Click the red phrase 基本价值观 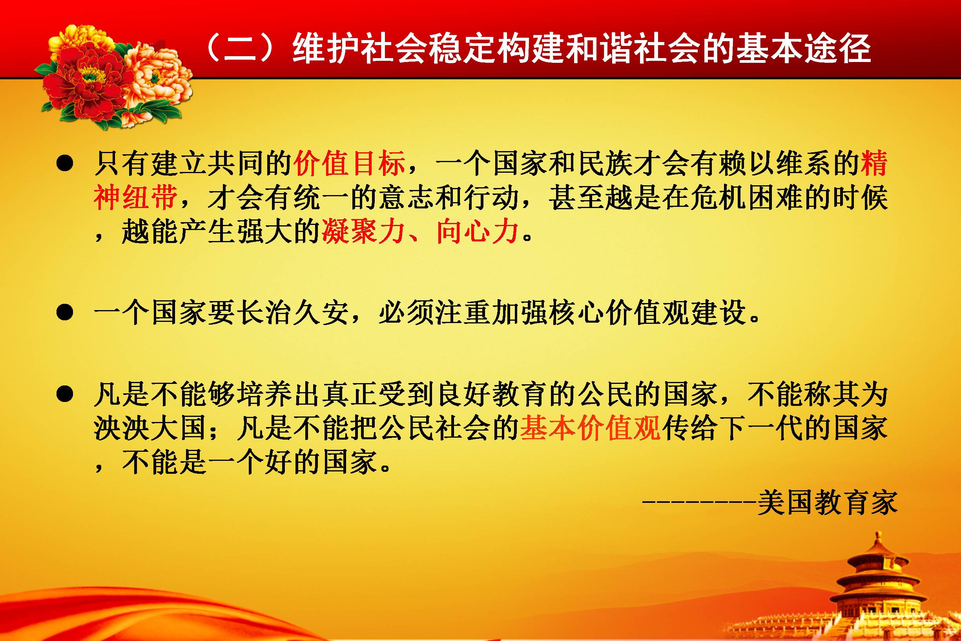click(591, 428)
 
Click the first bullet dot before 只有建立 click(65, 164)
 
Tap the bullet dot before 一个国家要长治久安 click(65, 313)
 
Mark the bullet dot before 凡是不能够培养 click(65, 394)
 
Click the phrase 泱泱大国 click(150, 428)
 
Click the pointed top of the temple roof click(878, 533)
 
